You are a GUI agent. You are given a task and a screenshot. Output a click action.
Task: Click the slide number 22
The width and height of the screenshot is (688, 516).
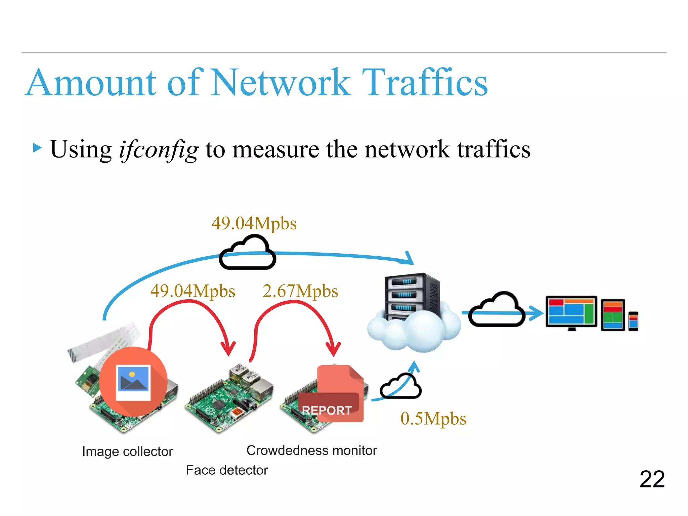point(652,479)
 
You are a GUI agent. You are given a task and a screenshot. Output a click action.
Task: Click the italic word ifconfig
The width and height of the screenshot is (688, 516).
point(159,149)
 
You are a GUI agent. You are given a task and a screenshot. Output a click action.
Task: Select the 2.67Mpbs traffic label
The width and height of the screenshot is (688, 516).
point(300,291)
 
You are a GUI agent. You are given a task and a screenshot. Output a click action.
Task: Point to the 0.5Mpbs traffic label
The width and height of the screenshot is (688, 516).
point(433,419)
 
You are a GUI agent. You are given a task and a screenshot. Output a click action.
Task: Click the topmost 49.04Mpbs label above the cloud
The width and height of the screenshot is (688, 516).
point(254,223)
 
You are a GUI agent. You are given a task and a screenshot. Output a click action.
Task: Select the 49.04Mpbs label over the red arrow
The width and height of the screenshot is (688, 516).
point(192,291)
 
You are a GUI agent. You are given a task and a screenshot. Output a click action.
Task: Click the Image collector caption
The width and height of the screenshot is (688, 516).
point(127,451)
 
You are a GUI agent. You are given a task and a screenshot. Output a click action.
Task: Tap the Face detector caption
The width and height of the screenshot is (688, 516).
point(227,470)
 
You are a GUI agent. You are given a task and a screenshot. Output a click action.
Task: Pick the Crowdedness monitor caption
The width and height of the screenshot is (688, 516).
point(311,450)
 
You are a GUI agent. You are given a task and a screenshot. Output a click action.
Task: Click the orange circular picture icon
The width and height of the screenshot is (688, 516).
point(133,382)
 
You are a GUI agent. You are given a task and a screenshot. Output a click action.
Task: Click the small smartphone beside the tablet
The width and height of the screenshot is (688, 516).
point(633,321)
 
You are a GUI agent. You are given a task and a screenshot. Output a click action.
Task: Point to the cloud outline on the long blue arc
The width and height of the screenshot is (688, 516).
point(248,253)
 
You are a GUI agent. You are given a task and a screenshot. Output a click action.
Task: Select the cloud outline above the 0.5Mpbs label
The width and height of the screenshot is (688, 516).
point(400,387)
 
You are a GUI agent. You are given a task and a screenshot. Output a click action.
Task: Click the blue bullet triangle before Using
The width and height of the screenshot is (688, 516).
point(37,148)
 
